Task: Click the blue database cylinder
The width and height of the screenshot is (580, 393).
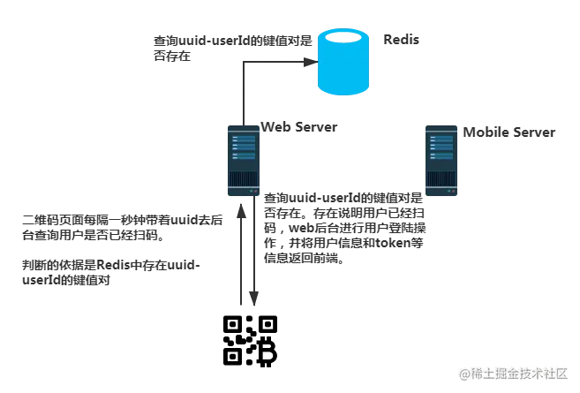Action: [343, 64]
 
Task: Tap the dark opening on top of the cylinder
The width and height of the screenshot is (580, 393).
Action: [343, 38]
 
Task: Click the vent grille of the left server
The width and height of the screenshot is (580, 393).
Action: [243, 180]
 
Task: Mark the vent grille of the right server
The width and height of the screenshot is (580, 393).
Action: [441, 180]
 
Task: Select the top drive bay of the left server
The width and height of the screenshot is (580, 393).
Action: [244, 138]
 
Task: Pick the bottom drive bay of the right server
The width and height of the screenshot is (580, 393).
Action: [441, 157]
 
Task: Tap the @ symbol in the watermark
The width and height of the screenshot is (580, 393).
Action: [462, 374]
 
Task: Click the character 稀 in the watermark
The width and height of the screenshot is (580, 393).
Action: [475, 374]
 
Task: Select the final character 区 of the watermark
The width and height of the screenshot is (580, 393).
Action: [559, 374]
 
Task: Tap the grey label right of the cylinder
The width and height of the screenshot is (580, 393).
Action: [403, 40]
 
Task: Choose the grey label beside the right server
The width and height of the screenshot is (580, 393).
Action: [508, 133]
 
